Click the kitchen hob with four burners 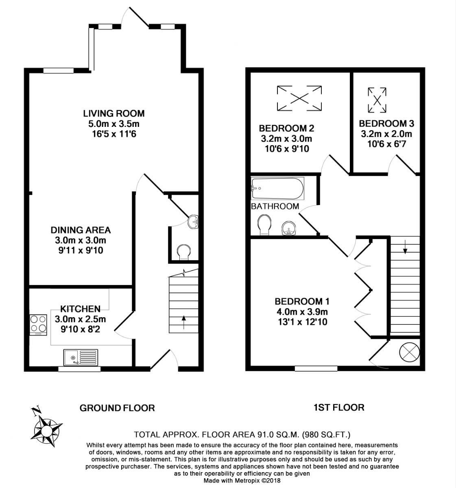click(38, 325)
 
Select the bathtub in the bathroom click(277, 189)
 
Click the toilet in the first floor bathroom click(264, 224)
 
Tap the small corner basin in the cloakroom click(193, 221)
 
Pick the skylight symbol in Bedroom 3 click(377, 100)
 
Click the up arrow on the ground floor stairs click(183, 322)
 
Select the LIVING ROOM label click(114, 113)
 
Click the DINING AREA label click(81, 230)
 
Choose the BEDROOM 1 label click(302, 301)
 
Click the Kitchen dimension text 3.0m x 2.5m click(80, 319)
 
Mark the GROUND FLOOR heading click(117, 408)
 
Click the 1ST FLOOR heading click(339, 407)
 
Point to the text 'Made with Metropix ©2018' click(242, 480)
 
